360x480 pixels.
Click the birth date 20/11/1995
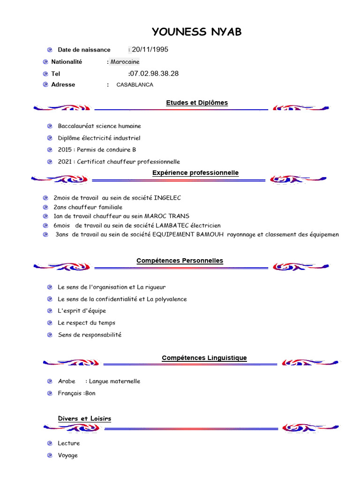pyautogui.click(x=150, y=50)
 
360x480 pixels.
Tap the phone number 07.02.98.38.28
pyautogui.click(x=154, y=74)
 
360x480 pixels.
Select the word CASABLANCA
pyautogui.click(x=135, y=85)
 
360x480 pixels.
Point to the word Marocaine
pyautogui.click(x=125, y=62)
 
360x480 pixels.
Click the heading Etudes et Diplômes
pyautogui.click(x=197, y=103)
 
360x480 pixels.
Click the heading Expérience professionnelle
pyautogui.click(x=195, y=173)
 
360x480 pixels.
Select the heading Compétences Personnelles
pyautogui.click(x=180, y=261)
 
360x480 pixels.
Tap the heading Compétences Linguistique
pyautogui.click(x=204, y=358)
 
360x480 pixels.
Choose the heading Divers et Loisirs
pyautogui.click(x=84, y=419)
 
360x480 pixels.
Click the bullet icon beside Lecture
pyautogui.click(x=50, y=443)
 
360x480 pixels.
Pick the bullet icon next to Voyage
pyautogui.click(x=50, y=455)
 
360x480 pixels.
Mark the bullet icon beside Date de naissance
pyautogui.click(x=50, y=50)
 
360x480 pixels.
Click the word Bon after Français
pyautogui.click(x=90, y=393)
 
